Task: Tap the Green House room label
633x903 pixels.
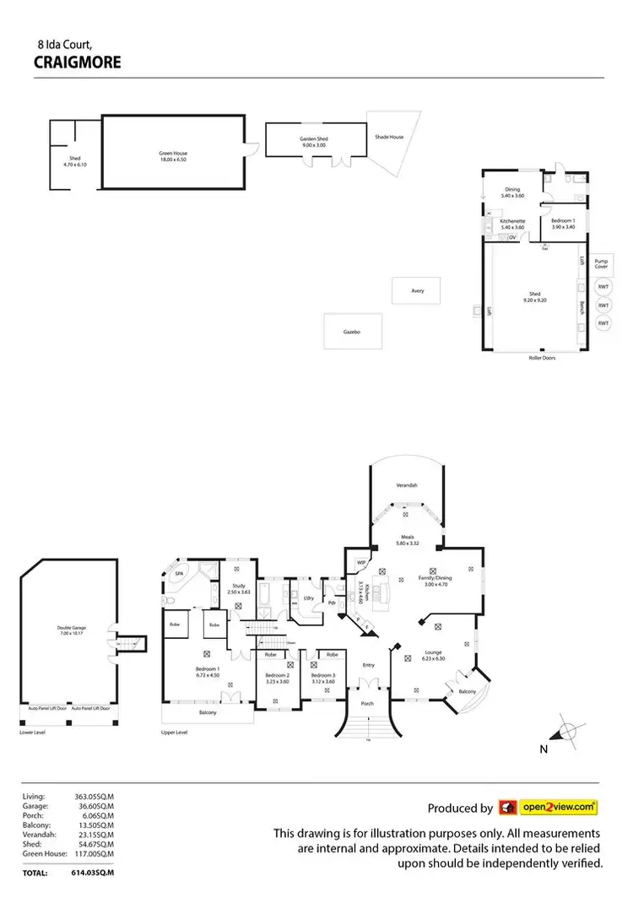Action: pyautogui.click(x=172, y=155)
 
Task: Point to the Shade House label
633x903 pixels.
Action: pyautogui.click(x=389, y=137)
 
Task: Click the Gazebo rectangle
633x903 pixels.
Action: pyautogui.click(x=352, y=332)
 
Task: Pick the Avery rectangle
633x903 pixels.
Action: pyautogui.click(x=417, y=291)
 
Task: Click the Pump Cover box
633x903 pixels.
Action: pyautogui.click(x=601, y=264)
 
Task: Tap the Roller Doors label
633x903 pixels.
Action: pyautogui.click(x=529, y=357)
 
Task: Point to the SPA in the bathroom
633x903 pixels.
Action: pyautogui.click(x=179, y=574)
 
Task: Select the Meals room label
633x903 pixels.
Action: pyautogui.click(x=406, y=538)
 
